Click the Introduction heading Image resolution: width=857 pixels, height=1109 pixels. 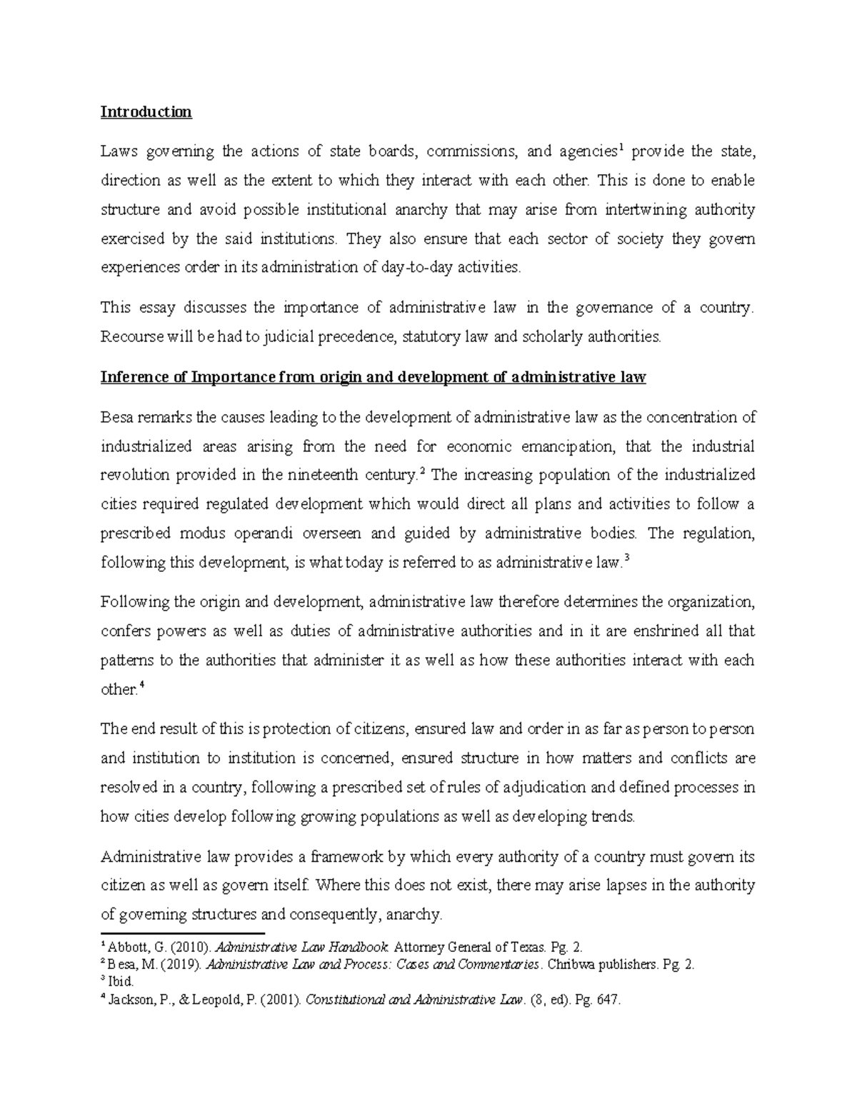[x=146, y=112]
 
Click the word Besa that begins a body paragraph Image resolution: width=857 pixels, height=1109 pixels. [x=116, y=418]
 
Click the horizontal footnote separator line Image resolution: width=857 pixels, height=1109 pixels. [x=183, y=933]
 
